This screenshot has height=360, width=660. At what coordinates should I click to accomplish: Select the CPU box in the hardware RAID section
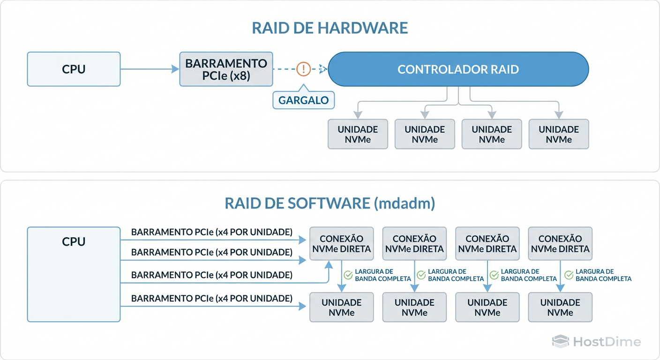pos(74,69)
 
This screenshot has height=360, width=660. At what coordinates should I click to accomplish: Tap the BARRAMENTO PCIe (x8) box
pos(226,69)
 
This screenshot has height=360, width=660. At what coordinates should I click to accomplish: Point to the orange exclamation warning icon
pos(303,69)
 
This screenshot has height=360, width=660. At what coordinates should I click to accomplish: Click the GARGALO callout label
pos(303,100)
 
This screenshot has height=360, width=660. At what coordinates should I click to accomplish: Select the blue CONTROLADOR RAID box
pos(458,70)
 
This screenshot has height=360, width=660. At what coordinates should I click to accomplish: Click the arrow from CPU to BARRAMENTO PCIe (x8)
pos(150,69)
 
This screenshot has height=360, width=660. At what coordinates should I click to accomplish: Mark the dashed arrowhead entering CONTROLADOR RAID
pos(322,69)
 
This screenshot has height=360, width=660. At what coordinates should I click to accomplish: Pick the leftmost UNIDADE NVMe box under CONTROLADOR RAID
pos(358,134)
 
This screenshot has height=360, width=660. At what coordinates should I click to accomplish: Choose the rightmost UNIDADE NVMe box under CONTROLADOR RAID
pos(558,134)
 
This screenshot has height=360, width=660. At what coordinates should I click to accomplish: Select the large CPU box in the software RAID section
pos(74,274)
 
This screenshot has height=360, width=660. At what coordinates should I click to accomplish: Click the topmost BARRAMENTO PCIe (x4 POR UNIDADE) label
pos(211,232)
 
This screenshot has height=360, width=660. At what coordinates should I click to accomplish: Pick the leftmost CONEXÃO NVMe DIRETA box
pos(342,244)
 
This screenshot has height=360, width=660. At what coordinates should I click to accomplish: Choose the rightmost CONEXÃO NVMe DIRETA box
pos(560,244)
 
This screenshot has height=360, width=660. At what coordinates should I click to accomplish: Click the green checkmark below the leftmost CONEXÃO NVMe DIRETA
pos(348,275)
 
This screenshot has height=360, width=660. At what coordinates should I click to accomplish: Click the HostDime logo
pos(596,342)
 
